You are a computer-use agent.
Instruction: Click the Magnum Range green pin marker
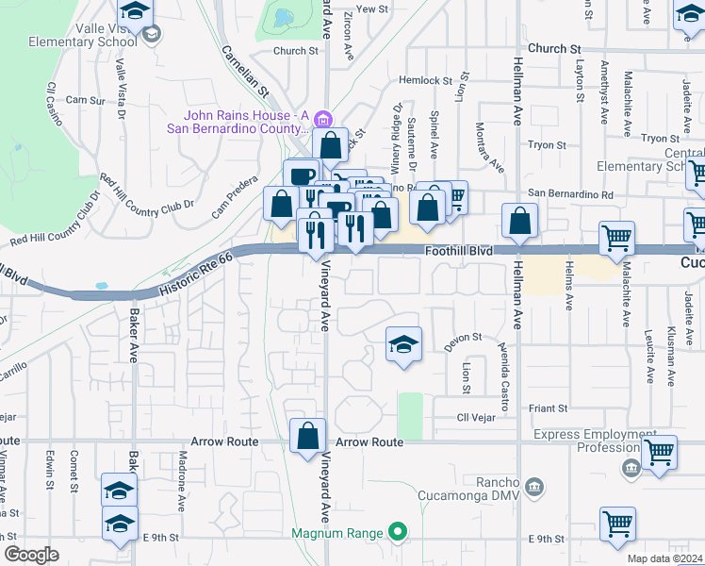(398, 533)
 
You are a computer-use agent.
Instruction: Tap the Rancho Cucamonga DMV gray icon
(534, 487)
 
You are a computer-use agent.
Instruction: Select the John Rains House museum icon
(323, 119)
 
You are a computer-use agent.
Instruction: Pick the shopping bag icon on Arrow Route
(307, 436)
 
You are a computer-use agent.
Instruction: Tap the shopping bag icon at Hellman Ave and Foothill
(520, 222)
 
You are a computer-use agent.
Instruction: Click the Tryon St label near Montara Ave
(547, 145)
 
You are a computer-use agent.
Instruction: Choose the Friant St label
(549, 408)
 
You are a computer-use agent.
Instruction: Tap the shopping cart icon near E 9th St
(617, 524)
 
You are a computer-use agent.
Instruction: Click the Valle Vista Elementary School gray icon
(153, 35)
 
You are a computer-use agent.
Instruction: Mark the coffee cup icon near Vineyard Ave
(302, 175)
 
